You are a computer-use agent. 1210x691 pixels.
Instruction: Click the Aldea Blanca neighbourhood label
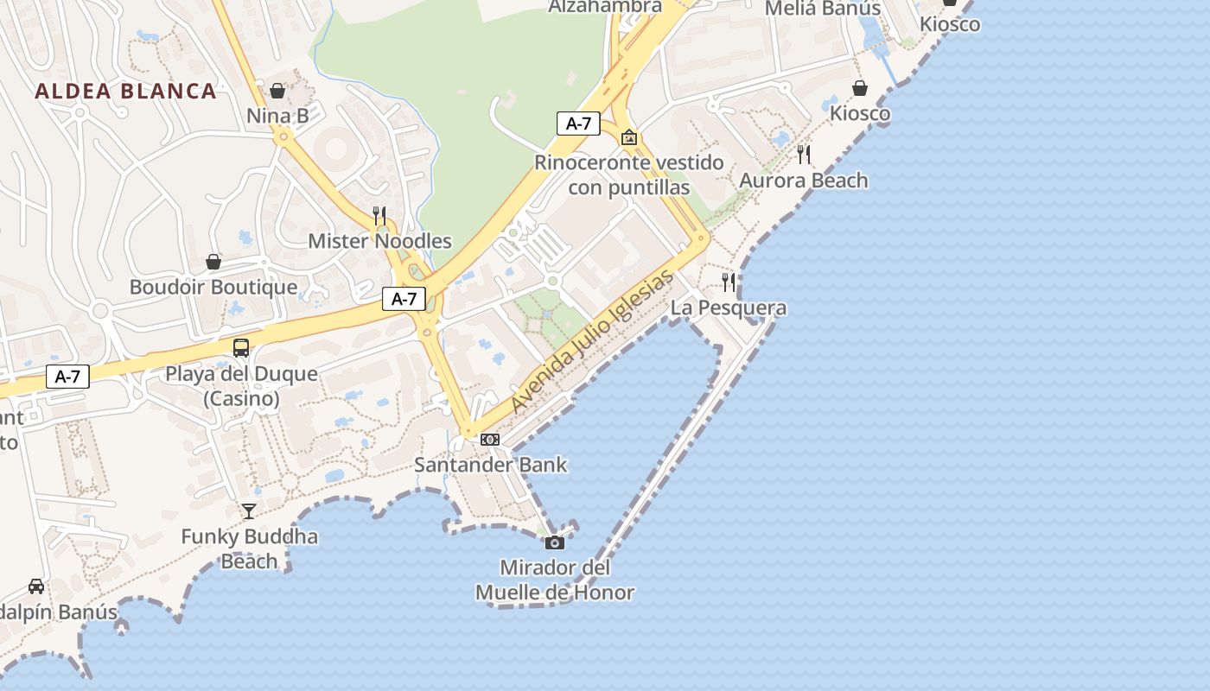point(125,92)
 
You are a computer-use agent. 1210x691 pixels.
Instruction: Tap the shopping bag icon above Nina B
point(277,91)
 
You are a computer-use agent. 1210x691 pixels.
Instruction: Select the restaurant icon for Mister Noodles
point(379,215)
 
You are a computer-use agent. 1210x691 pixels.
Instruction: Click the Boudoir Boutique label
point(213,287)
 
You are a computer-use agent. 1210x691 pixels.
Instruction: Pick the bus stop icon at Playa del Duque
point(241,348)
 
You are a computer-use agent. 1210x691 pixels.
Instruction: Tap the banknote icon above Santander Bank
point(490,440)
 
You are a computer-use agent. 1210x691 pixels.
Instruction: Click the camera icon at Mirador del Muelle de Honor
point(555,542)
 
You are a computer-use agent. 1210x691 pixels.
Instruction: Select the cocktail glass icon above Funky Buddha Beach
point(249,511)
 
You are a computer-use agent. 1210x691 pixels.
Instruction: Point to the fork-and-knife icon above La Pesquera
point(729,282)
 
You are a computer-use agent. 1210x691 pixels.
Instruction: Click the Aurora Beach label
point(804,181)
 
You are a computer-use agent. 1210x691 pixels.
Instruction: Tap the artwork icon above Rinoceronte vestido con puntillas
point(629,137)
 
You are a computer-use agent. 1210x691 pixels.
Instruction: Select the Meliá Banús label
point(824,9)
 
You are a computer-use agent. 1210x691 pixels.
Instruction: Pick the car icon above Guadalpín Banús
point(36,586)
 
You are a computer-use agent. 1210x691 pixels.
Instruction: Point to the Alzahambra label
point(605,7)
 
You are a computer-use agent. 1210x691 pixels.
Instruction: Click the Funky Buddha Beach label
point(249,548)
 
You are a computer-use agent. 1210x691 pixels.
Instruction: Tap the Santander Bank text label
point(491,465)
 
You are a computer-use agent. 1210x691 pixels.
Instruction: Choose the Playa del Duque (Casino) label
point(242,386)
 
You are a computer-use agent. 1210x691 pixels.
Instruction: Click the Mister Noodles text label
point(380,241)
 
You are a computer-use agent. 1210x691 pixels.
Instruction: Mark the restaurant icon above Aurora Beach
point(804,155)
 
